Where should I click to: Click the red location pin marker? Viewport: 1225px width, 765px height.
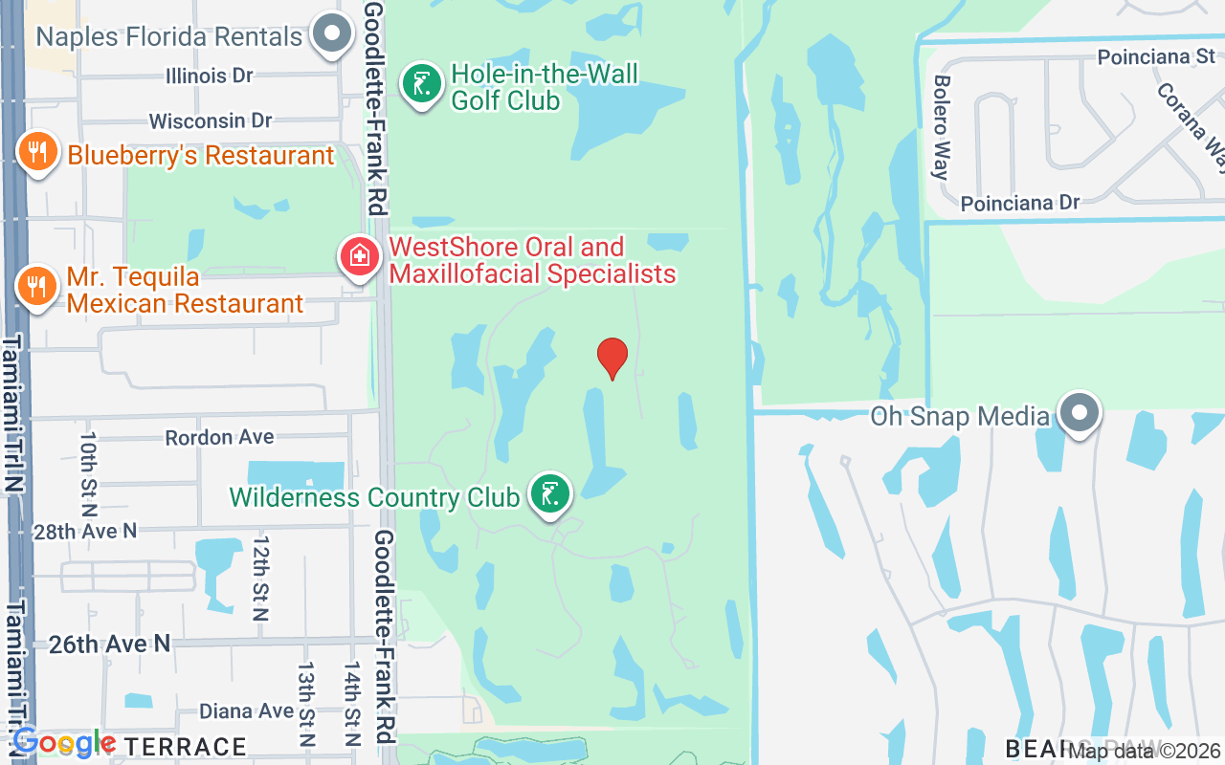612,358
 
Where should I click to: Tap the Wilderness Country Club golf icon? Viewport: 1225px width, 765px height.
550,494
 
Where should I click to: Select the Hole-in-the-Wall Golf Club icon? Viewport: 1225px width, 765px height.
421,84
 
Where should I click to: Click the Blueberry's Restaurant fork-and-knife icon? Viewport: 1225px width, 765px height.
37,153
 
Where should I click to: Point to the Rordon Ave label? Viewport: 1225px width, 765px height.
219,437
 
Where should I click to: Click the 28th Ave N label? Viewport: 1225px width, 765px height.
85,531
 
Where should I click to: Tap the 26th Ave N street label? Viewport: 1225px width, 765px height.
109,644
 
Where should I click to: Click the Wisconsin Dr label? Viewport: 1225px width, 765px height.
211,120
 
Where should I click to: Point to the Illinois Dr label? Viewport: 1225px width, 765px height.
209,75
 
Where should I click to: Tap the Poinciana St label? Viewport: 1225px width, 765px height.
1156,56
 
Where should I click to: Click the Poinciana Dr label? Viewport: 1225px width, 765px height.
1020,203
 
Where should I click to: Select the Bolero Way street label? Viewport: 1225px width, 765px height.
941,128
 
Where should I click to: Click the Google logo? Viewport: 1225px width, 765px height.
63,743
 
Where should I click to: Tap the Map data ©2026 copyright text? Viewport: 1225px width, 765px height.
1146,751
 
